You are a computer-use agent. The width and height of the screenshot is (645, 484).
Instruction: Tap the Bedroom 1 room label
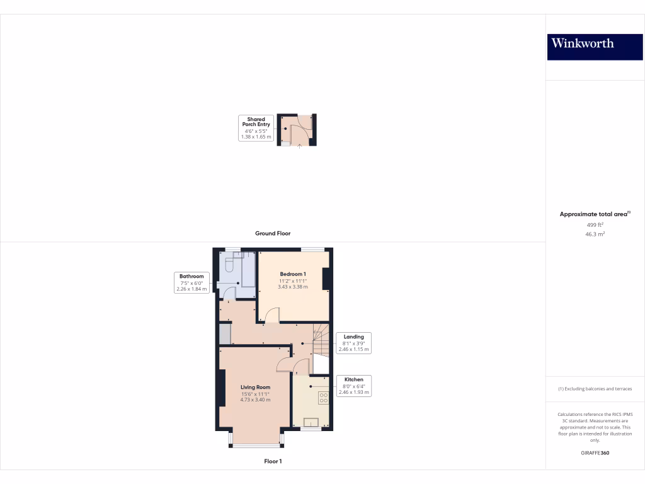pos(293,274)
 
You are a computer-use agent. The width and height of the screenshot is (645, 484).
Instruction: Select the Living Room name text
pos(255,387)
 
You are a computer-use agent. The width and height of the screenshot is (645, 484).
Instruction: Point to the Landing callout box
pos(353,342)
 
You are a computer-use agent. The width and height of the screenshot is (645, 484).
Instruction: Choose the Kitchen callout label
pos(353,386)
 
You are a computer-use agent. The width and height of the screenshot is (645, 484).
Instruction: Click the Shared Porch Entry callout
pos(256,128)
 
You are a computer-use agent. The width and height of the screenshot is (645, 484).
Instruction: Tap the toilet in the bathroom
pos(229,266)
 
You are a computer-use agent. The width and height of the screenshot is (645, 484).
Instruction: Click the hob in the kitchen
pos(324,398)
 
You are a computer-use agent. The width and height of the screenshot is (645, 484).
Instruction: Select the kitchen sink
pos(311,422)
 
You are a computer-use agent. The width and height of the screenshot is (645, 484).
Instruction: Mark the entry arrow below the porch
pos(299,147)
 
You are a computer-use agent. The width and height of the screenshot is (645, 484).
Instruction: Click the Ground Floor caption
pos(273,233)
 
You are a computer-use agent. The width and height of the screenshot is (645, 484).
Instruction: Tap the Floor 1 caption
pos(273,461)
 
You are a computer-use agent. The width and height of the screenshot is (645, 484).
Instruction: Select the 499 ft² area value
pos(595,224)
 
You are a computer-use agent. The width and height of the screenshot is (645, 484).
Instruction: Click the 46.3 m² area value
pos(595,234)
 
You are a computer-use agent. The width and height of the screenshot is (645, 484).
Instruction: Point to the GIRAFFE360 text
pos(595,453)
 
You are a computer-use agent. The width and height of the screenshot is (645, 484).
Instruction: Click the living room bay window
pos(256,446)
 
